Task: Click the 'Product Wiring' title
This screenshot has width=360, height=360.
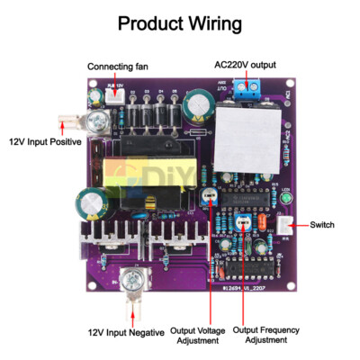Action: pyautogui.click(x=179, y=24)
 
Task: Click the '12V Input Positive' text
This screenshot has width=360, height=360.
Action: pyautogui.click(x=46, y=141)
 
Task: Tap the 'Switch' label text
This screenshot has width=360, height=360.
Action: pyautogui.click(x=323, y=224)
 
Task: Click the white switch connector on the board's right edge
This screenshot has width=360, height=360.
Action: pyautogui.click(x=284, y=225)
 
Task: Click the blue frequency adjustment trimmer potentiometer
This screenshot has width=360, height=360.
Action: pyautogui.click(x=241, y=222)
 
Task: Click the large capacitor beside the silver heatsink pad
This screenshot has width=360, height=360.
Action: pyautogui.click(x=197, y=107)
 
